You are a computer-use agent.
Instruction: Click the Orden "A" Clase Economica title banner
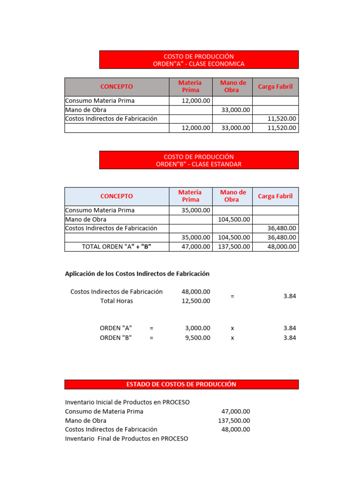click(x=199, y=60)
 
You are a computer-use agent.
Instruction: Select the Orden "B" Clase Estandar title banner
click(x=199, y=160)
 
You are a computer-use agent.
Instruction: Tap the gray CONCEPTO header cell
click(x=117, y=87)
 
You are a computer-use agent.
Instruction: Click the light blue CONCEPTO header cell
click(x=117, y=196)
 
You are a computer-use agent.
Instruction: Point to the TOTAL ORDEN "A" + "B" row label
click(x=117, y=247)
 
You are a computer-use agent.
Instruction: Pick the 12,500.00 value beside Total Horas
click(x=196, y=301)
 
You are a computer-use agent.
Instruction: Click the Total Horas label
click(x=117, y=301)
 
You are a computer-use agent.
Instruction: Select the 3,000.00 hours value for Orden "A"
click(x=198, y=328)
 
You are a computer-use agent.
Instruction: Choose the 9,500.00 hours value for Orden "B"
click(x=198, y=337)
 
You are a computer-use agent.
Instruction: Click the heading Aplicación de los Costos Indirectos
click(x=137, y=274)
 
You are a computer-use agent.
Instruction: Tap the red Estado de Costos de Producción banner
click(x=181, y=384)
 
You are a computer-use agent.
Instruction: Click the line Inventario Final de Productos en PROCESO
click(x=127, y=439)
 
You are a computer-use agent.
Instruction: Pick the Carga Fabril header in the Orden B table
click(x=275, y=196)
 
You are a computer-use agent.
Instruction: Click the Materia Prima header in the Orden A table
click(x=190, y=87)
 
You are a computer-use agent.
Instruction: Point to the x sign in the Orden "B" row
click(x=232, y=337)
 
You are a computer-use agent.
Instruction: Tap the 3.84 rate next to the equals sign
click(x=290, y=296)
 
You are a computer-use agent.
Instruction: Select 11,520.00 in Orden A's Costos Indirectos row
click(x=282, y=119)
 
